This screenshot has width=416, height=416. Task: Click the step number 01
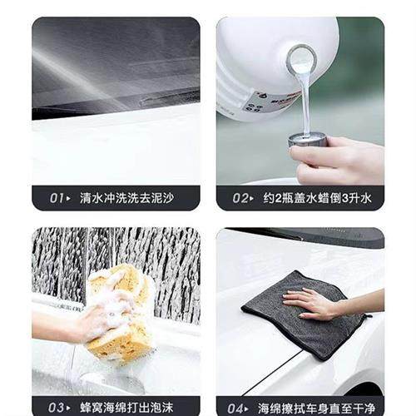(x=57, y=198)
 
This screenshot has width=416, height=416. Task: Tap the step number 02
(x=241, y=198)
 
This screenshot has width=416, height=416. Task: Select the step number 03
(x=57, y=407)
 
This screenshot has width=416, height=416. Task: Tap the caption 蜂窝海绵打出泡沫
(x=126, y=407)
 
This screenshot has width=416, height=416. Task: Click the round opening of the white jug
(x=300, y=60)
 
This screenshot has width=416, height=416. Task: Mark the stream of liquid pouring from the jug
(x=305, y=104)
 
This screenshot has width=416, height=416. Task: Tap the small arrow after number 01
(x=69, y=198)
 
